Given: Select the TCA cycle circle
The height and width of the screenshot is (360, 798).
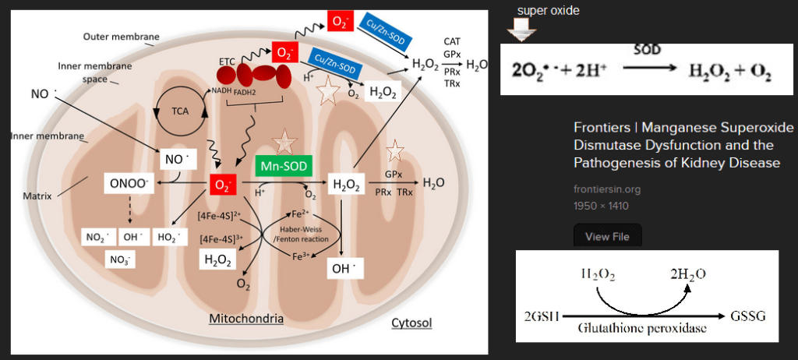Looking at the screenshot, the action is click(180, 111).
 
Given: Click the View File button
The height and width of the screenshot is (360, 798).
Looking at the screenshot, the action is click(607, 236).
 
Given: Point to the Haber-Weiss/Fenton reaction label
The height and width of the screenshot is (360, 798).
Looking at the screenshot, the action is click(300, 235).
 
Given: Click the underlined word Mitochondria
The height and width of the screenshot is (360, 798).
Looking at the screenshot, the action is click(246, 319).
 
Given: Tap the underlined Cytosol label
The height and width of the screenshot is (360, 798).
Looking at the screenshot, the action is click(411, 323).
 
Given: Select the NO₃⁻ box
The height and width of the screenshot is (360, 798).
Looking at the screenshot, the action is click(120, 260).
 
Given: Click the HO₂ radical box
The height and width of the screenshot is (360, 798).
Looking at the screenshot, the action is click(170, 238).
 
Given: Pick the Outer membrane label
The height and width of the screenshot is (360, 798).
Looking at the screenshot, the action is click(121, 37).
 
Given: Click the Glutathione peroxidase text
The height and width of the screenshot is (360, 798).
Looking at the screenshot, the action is click(642, 327).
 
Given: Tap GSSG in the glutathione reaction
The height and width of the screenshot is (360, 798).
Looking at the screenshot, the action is click(748, 316).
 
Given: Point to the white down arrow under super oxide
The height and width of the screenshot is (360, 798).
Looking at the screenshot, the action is click(519, 30).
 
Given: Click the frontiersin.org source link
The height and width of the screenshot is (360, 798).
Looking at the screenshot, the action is click(606, 189).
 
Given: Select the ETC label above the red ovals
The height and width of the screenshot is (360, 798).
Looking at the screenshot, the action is click(227, 62).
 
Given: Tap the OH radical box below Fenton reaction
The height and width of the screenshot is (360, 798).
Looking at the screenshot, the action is click(344, 269).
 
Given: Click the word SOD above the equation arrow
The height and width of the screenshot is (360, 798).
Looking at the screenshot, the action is click(648, 50).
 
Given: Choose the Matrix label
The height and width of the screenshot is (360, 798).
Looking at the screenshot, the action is click(37, 196).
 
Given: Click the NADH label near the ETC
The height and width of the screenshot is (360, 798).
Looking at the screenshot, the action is click(221, 90).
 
